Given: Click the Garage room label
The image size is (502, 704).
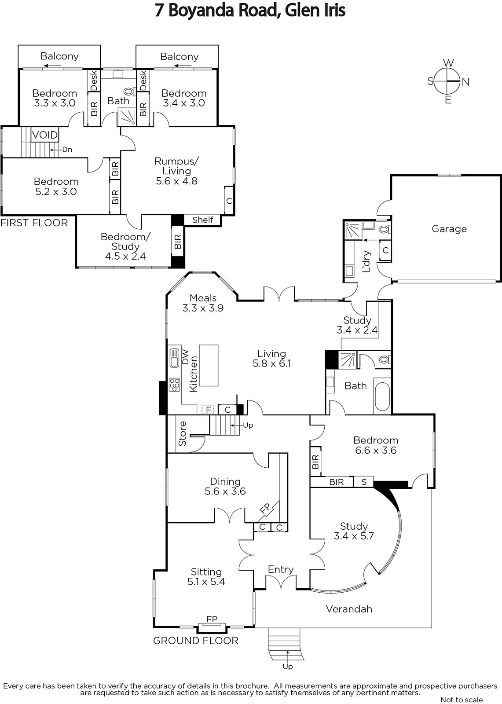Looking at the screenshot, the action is [449, 229].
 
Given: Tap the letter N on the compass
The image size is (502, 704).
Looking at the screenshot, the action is [465, 82].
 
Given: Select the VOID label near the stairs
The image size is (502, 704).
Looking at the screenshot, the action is [45, 135].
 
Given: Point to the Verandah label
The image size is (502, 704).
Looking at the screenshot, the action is [349, 609].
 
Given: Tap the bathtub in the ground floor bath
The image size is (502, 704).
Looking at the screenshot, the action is [382, 396].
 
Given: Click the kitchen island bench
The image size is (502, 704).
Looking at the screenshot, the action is [209, 365].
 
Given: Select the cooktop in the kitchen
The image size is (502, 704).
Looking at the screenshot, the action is [175, 385].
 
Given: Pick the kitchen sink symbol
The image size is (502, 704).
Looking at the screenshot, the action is [175, 358].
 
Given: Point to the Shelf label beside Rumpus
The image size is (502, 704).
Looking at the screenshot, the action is [203, 220].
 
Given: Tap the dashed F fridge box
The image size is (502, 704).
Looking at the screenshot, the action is [208, 410].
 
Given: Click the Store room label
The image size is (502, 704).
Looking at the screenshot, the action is [182, 433].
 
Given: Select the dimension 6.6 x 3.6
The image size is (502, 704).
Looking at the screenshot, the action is [376, 451].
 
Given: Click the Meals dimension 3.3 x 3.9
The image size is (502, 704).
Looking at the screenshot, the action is [203, 308].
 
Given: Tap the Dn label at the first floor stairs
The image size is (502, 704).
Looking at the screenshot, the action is [67, 150].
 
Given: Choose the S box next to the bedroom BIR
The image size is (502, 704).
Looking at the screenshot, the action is [364, 482].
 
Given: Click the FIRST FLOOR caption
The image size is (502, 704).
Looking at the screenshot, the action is [34, 223].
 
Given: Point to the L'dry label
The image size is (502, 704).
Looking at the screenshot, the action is [366, 261].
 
